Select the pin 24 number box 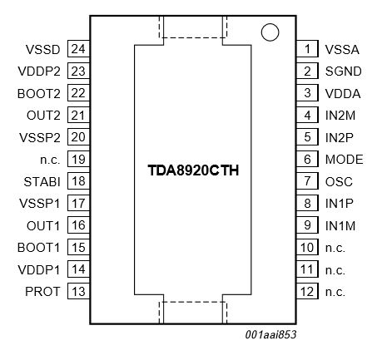coord(78,49)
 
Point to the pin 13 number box coord(78,291)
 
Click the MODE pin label coord(343,159)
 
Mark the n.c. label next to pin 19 coord(50,159)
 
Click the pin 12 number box coord(307,291)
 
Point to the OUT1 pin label coord(45,225)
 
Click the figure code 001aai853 coord(271,334)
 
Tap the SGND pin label coord(342,72)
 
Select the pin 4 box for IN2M coord(307,115)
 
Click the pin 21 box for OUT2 coord(78,115)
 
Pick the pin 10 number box coord(307,247)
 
